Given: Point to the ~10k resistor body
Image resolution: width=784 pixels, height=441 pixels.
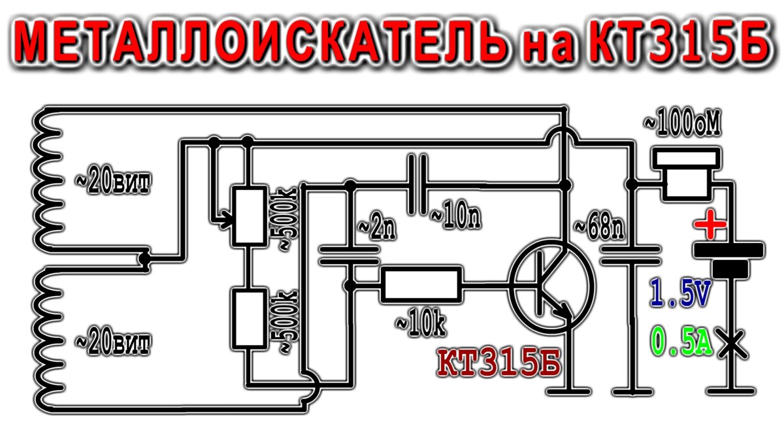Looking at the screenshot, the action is point(421,284).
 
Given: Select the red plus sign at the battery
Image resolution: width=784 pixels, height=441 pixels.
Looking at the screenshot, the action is point(711,227).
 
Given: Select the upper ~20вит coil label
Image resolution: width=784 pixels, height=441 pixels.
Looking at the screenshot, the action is point(109,183).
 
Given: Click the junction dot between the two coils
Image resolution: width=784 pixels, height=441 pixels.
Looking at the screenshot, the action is point(146,259).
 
